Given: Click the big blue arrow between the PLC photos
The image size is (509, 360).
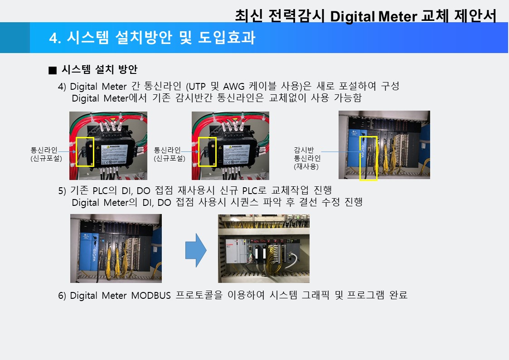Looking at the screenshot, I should point(195,251).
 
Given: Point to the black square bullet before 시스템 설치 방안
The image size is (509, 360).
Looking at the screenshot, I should point(53,70).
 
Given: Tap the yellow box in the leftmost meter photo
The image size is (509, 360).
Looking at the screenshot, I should point(85,151).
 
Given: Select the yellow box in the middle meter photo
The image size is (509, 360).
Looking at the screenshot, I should point(208,151).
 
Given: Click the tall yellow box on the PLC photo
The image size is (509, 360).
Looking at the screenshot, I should point(368,158).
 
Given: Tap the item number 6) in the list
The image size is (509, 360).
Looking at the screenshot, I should point(62,296).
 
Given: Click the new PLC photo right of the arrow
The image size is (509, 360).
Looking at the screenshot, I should point(264,248).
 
